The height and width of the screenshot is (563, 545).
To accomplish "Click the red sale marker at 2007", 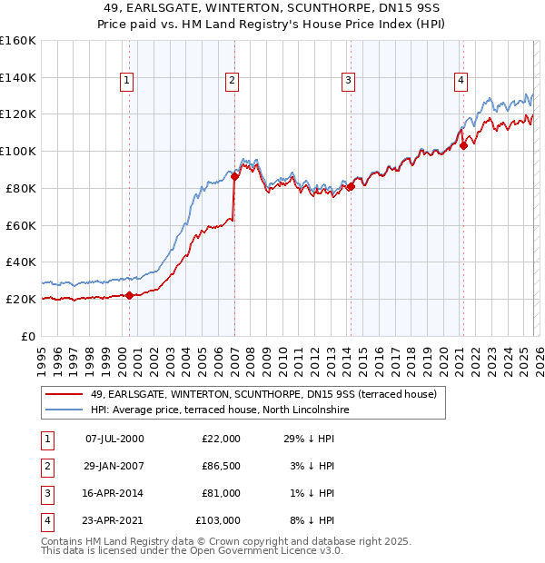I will [x=234, y=176].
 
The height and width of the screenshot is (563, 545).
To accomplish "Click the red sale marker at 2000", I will [x=129, y=295].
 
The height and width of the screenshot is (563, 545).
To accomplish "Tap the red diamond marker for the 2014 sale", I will [x=351, y=186].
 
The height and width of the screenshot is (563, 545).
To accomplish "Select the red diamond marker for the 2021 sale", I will [x=463, y=145].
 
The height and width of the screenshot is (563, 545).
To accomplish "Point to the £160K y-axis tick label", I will [x=18, y=41].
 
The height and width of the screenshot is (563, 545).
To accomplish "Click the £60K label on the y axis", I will [x=20, y=225].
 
